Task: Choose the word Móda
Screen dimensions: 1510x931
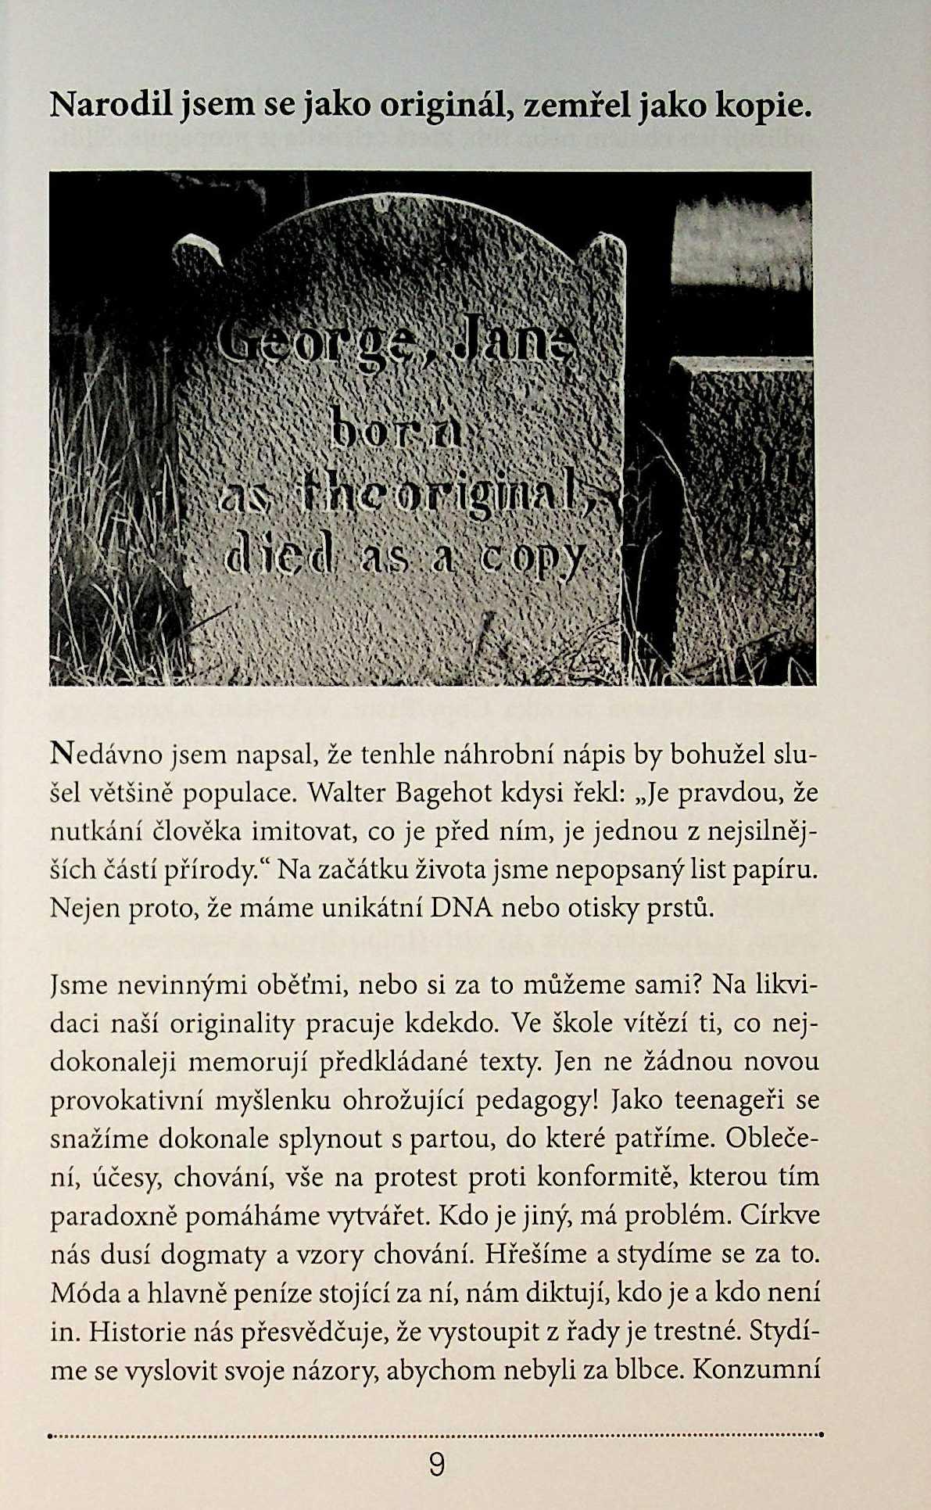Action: click(x=84, y=1293)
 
